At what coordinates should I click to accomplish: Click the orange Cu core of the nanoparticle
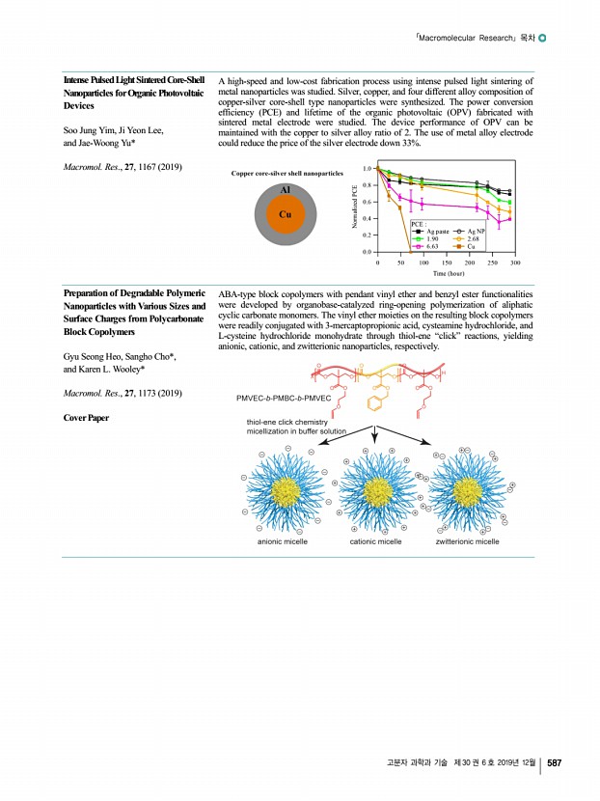[x=286, y=213]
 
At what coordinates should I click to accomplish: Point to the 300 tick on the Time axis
[x=515, y=262]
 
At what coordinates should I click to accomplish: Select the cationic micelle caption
[x=375, y=542]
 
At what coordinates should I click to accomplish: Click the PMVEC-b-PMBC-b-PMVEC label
[x=284, y=398]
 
